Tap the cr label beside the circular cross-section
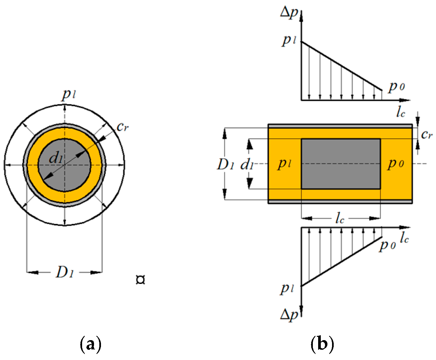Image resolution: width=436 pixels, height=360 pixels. [122, 126]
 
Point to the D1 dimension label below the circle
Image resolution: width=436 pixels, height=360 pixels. [65, 272]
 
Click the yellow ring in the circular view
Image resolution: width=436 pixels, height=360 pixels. [65, 197]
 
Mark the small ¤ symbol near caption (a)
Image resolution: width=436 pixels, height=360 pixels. [140, 280]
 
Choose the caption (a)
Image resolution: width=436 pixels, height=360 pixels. [90, 344]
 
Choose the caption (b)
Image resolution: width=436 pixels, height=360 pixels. [322, 344]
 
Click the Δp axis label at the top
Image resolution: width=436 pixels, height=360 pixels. [289, 13]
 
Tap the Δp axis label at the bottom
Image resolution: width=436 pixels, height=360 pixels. [289, 314]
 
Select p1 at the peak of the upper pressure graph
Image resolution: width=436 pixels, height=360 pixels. [289, 40]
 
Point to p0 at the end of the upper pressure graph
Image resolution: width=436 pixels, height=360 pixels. [396, 87]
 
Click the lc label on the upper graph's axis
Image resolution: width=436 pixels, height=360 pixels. [401, 112]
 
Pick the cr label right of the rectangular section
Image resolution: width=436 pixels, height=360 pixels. [427, 134]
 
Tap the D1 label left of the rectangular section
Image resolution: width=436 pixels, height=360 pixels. [225, 164]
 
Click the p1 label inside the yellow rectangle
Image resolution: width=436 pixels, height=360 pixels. [284, 163]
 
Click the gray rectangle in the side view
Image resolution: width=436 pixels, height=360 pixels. [341, 164]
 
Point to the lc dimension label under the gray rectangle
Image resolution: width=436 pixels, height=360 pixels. [340, 219]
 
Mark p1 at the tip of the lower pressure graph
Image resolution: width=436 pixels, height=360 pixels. [287, 289]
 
